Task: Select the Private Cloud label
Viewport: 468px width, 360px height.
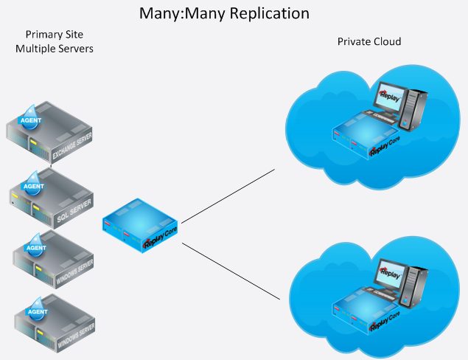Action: (369, 42)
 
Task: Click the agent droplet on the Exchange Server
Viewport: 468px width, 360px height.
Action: (31, 117)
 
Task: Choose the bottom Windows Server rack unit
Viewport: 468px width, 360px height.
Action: (65, 322)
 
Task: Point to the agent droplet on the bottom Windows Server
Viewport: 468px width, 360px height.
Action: (36, 310)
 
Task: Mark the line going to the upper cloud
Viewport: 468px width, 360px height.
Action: (228, 195)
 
